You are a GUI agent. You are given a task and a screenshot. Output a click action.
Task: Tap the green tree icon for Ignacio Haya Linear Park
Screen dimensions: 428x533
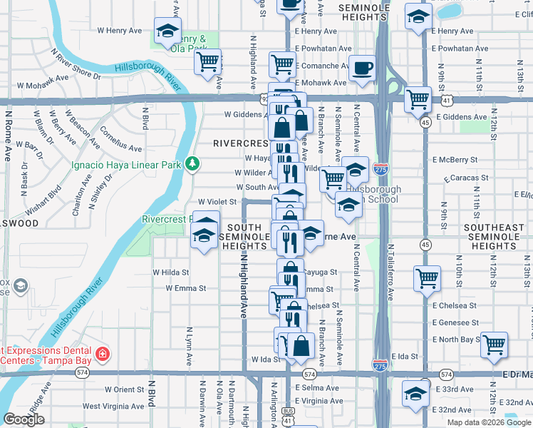click(192, 165)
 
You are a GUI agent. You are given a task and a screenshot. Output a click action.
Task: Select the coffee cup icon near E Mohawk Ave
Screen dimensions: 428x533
click(363, 68)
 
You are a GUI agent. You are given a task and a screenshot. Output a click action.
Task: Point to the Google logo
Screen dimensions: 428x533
click(24, 419)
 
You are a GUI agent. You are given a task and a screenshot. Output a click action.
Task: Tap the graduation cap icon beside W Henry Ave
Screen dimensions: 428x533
click(168, 31)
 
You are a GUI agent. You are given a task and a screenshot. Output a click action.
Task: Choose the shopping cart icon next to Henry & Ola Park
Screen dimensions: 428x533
click(207, 61)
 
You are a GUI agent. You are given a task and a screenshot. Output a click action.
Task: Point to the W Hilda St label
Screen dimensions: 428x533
click(171, 272)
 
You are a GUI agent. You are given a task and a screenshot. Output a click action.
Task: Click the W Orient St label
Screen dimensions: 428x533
click(125, 389)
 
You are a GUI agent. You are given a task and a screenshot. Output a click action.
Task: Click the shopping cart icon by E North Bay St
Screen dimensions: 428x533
click(494, 345)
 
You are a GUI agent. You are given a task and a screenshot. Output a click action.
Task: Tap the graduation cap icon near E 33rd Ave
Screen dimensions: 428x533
click(415, 392)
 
